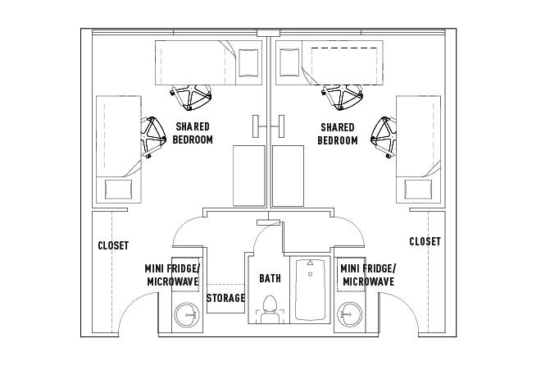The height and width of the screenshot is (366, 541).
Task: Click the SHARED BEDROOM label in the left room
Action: [x=193, y=133]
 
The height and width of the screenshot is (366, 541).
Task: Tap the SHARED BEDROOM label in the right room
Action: [x=338, y=133]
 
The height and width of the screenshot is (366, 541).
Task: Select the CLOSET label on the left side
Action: [x=112, y=245]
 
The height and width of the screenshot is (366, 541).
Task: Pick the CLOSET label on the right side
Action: [x=425, y=241]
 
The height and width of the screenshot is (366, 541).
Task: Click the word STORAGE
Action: [x=225, y=298]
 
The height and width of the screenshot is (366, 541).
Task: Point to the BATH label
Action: [x=270, y=278]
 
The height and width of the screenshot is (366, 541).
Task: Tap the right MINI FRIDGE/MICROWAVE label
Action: [x=367, y=275]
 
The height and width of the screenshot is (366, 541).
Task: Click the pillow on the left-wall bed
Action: [x=119, y=190]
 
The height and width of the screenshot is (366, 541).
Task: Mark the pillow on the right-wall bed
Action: [x=419, y=190]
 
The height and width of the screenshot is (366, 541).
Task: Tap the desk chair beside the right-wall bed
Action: [x=384, y=135]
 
